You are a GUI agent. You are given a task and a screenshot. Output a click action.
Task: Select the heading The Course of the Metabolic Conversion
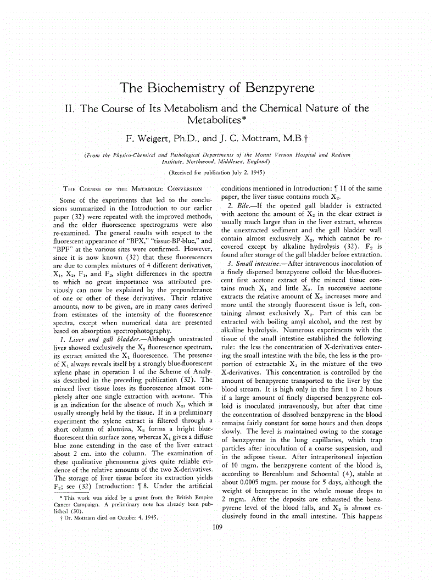pyautogui.click(x=127, y=189)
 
